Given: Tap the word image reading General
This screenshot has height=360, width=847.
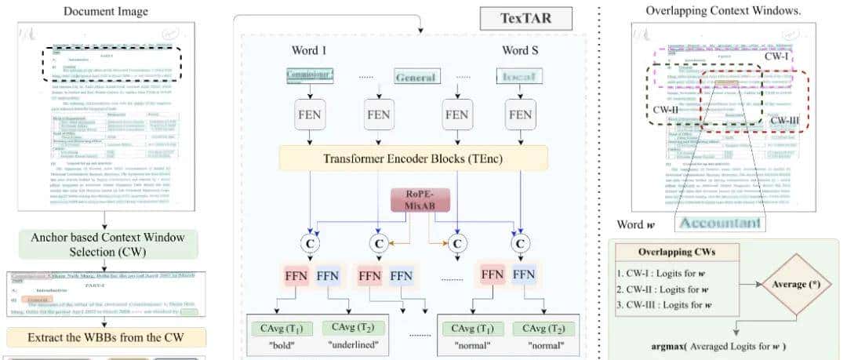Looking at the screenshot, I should click(x=416, y=78).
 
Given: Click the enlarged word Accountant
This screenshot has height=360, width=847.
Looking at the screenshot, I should click(x=722, y=222).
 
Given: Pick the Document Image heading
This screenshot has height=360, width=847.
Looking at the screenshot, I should click(x=106, y=11).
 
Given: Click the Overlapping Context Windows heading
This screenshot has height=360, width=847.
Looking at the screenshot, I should click(x=723, y=11).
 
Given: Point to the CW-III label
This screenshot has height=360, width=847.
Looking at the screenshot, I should click(x=784, y=120).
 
